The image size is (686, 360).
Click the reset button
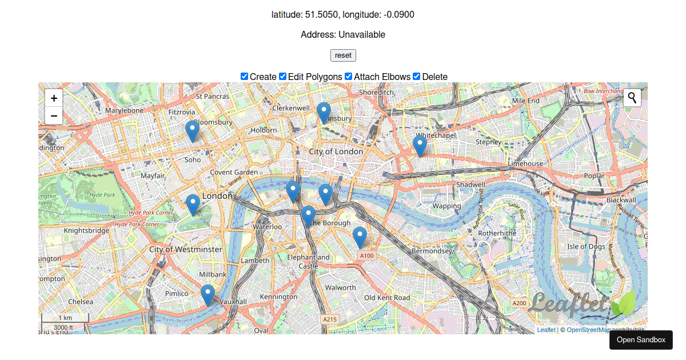coord(343,55)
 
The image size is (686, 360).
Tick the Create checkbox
coord(245,77)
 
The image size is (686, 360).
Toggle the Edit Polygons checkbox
coord(283,77)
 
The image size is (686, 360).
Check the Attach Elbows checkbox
coord(349,77)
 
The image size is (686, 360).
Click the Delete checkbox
coord(417,77)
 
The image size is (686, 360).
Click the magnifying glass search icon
coord(632,98)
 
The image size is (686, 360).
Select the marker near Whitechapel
coord(420,146)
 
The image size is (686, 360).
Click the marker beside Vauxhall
coord(208,295)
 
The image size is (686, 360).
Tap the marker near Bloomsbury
coord(192,131)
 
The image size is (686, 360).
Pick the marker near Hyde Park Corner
coord(193,204)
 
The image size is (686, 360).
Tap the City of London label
coord(336,151)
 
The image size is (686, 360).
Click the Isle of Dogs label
coord(586,247)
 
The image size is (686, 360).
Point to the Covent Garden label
coord(234,172)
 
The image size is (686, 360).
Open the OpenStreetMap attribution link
coord(588,330)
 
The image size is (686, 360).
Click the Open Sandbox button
coord(641,340)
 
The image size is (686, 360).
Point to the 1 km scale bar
coord(65,318)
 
